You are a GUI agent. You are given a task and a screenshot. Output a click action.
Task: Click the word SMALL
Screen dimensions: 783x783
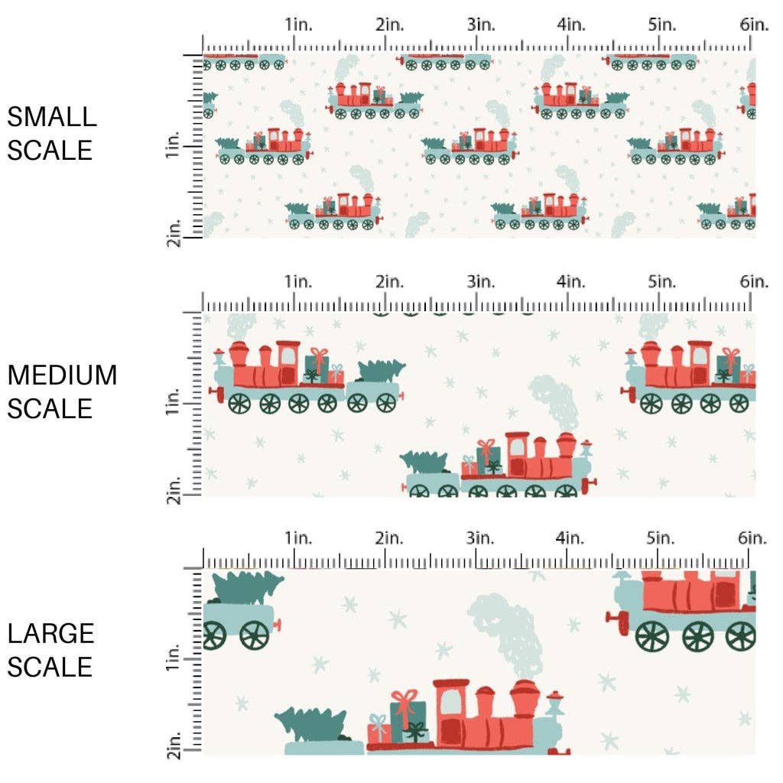pos(52,117)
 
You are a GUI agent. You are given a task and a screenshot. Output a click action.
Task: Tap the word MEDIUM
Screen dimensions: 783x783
pos(63,375)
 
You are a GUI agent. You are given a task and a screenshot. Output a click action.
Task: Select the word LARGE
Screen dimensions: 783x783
pos(51,633)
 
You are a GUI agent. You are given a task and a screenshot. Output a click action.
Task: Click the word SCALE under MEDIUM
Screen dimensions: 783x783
pos(50,408)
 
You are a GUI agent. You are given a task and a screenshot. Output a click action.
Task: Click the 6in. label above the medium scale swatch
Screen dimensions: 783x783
pos(753,282)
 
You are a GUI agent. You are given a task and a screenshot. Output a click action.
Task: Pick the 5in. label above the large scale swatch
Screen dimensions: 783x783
pos(663,538)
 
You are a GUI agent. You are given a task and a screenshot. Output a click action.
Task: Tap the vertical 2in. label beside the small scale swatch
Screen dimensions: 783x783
pos(173,232)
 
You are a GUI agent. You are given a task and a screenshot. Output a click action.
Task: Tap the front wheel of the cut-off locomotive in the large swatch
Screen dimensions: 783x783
pos(651,635)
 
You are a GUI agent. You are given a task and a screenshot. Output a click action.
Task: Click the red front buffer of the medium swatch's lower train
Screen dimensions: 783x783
pos(590,485)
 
